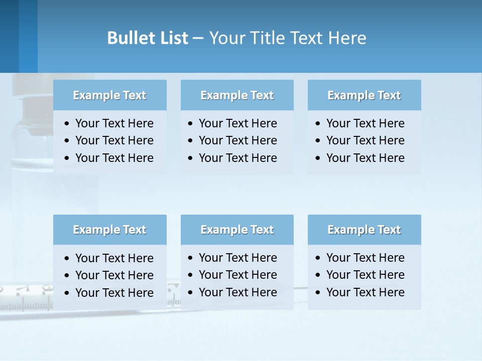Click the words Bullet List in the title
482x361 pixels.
pyautogui.click(x=148, y=38)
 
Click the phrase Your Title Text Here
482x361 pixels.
pyautogui.click(x=288, y=38)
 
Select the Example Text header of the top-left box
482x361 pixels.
pyautogui.click(x=109, y=95)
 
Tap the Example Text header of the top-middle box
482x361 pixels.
pyautogui.click(x=237, y=95)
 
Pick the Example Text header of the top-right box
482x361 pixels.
pyautogui.click(x=364, y=95)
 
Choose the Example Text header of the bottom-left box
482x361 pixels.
pyautogui.click(x=109, y=230)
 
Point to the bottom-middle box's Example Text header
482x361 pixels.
pyautogui.click(x=237, y=230)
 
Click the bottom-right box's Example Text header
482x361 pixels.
pyautogui.click(x=364, y=230)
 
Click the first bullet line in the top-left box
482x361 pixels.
pyautogui.click(x=114, y=123)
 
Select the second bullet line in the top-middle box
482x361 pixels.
pyautogui.click(x=238, y=140)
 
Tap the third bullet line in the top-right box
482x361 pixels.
pyautogui.click(x=365, y=157)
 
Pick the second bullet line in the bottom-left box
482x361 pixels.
pyautogui.click(x=114, y=275)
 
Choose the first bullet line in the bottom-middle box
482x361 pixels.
pyautogui.click(x=238, y=258)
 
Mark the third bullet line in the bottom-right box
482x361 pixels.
pyautogui.click(x=365, y=292)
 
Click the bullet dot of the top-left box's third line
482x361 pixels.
pyautogui.click(x=67, y=158)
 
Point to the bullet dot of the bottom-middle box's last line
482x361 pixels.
pyautogui.click(x=190, y=292)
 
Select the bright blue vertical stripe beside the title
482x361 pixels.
pyautogui.click(x=28, y=36)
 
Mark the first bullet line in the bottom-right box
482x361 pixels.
pyautogui.click(x=365, y=258)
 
